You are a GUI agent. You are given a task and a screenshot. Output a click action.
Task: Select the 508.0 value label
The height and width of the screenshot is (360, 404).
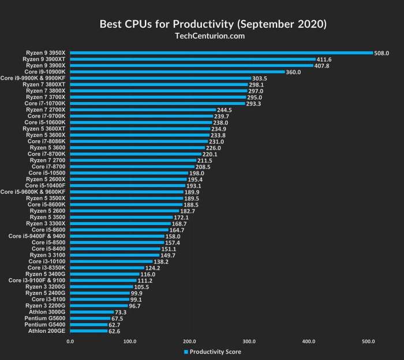383,53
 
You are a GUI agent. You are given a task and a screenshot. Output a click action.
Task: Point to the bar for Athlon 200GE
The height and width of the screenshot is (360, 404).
89,331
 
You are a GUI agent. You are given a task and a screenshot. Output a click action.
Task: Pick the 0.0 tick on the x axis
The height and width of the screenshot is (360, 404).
70,342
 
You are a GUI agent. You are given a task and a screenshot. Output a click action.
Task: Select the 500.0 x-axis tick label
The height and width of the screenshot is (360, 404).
368,342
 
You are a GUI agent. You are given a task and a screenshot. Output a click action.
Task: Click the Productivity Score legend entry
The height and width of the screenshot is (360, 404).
212,351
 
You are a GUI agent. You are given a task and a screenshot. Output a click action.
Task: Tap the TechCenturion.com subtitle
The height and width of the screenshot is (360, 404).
202,36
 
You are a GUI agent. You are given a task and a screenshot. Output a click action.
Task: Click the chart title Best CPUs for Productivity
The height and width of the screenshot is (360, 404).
202,24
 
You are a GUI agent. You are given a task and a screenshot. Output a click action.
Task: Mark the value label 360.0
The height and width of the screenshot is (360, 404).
294,72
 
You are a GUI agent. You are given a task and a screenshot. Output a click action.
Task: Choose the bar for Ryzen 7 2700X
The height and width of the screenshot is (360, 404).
143,110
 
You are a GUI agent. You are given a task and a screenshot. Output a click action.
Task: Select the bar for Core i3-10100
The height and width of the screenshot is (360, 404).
111,261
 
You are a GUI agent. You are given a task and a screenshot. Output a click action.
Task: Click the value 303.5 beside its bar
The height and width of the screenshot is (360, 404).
261,78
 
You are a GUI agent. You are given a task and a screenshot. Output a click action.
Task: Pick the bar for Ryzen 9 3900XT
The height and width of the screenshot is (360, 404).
193,59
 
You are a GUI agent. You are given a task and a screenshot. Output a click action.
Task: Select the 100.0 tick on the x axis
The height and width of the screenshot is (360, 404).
130,342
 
